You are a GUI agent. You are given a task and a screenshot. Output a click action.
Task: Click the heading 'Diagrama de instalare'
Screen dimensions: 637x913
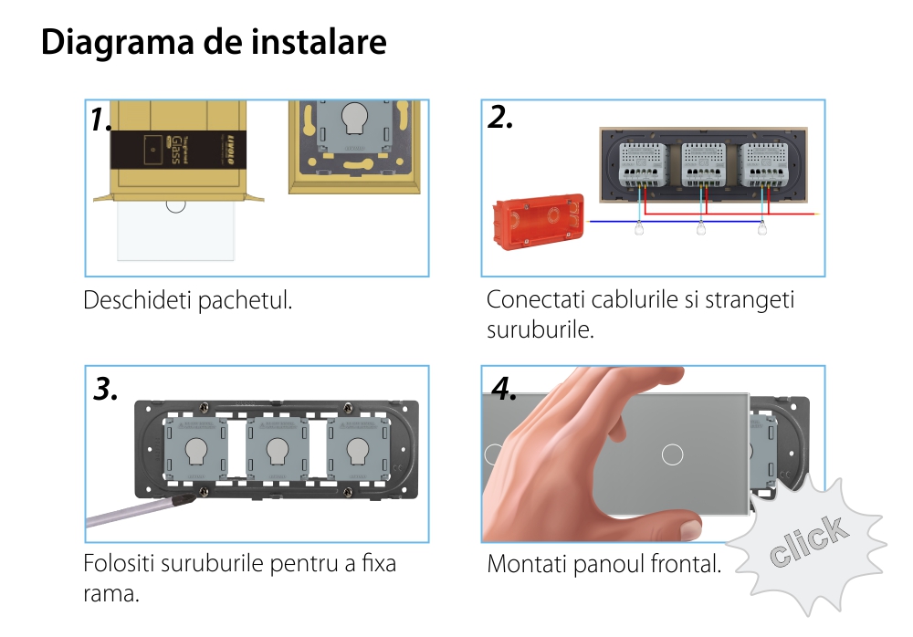pyautogui.click(x=214, y=43)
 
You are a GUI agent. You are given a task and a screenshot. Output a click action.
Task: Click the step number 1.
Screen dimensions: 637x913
pyautogui.click(x=100, y=120)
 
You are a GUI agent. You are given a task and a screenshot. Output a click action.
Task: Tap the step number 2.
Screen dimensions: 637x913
pyautogui.click(x=500, y=118)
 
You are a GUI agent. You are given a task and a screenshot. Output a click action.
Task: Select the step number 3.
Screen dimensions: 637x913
pyautogui.click(x=106, y=390)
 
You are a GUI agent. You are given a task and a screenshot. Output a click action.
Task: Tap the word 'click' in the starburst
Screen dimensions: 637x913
pyautogui.click(x=806, y=542)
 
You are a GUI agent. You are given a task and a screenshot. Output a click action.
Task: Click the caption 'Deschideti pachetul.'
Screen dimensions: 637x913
pyautogui.click(x=187, y=300)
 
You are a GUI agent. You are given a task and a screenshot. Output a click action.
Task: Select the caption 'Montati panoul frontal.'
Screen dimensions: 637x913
pyautogui.click(x=603, y=564)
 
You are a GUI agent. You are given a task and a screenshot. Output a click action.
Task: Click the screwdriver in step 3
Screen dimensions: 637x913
pyautogui.click(x=137, y=512)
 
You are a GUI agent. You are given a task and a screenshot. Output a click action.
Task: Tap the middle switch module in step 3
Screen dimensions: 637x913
pyautogui.click(x=275, y=448)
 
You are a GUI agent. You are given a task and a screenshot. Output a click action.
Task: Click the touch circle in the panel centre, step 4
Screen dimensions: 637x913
pyautogui.click(x=672, y=454)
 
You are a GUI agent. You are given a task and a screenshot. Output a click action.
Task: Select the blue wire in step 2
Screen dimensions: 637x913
pyautogui.click(x=676, y=222)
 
